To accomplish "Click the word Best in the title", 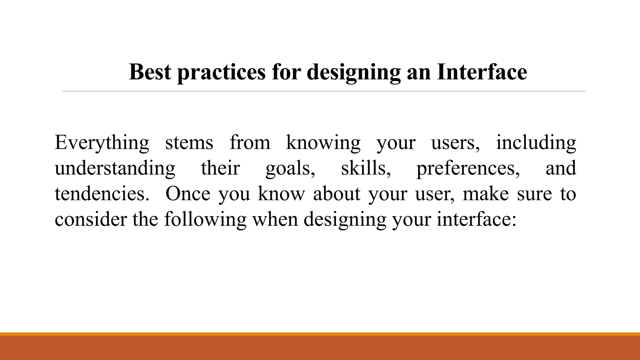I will pyautogui.click(x=150, y=72).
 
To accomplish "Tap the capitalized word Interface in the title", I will pyautogui.click(x=482, y=72).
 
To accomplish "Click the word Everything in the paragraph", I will pyautogui.click(x=102, y=143).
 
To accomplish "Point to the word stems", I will pyautogui.click(x=189, y=142).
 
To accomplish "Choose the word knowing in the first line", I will pyautogui.click(x=323, y=143).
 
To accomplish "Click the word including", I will pyautogui.click(x=536, y=143).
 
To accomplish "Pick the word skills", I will pyautogui.click(x=366, y=168).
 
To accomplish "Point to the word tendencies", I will pyautogui.click(x=102, y=194).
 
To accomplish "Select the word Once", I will pyautogui.click(x=188, y=194).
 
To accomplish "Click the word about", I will pyautogui.click(x=337, y=194).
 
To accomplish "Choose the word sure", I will pyautogui.click(x=535, y=194).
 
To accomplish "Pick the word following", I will pyautogui.click(x=205, y=220).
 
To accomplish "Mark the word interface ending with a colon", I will pyautogui.click(x=476, y=219).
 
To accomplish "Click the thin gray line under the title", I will pyautogui.click(x=324, y=91).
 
